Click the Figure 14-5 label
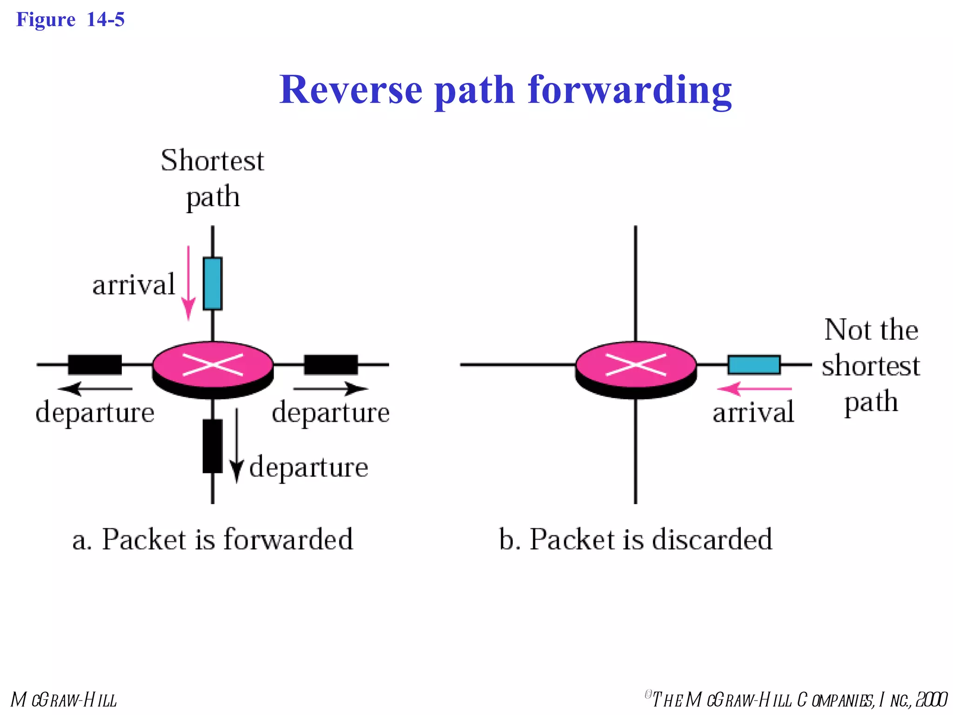click(x=70, y=20)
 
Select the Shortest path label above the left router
click(x=213, y=178)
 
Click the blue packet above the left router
click(x=213, y=283)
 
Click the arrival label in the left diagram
click(x=134, y=285)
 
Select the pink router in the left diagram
click(x=213, y=368)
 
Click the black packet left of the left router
click(x=95, y=364)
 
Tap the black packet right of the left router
click(x=331, y=364)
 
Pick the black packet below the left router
click(x=213, y=446)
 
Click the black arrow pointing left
click(x=95, y=388)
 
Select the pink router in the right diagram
click(x=636, y=368)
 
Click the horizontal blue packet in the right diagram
click(x=754, y=364)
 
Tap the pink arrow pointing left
click(x=754, y=388)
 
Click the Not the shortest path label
click(x=871, y=365)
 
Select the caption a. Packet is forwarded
click(x=213, y=540)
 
